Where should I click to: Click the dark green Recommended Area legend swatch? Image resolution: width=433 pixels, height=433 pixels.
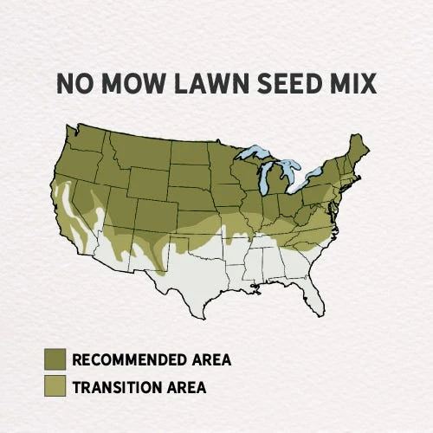tap(55, 359)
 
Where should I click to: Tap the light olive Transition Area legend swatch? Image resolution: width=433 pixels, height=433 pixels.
tap(55, 385)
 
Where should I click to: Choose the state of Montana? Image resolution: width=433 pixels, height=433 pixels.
tap(139, 148)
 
